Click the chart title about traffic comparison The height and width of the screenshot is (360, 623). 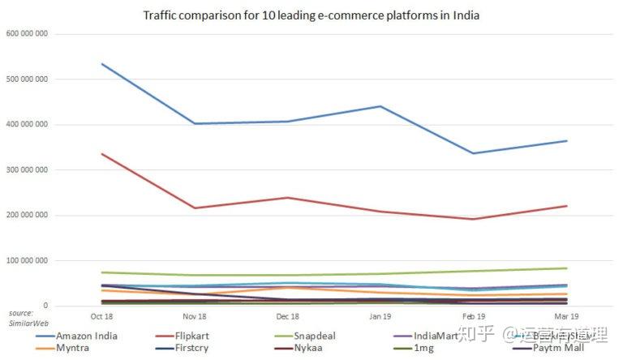(311, 15)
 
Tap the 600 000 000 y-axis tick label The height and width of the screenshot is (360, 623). (27, 34)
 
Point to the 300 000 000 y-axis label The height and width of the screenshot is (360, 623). (27, 170)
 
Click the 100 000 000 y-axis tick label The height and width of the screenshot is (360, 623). (27, 261)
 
